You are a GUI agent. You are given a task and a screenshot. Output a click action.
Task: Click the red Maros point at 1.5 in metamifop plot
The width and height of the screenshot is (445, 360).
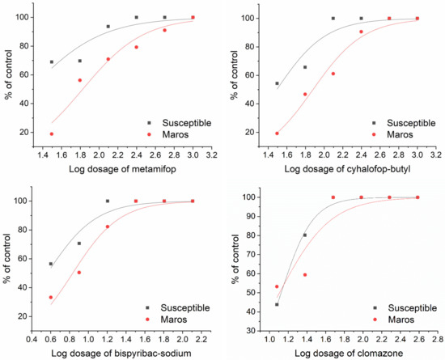(52, 134)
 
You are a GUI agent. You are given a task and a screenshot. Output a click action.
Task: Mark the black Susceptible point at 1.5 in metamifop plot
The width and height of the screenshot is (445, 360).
(52, 62)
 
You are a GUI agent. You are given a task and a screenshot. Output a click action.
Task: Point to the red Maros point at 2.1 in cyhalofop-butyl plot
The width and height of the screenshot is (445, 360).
(333, 74)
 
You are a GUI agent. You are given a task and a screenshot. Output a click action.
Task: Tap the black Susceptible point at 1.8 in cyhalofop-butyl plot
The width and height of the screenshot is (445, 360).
(305, 67)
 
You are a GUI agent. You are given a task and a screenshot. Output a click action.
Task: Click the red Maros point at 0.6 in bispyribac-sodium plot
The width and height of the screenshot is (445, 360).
(51, 298)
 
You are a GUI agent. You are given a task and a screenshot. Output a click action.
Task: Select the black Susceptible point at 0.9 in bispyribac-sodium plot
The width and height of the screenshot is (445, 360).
(78, 244)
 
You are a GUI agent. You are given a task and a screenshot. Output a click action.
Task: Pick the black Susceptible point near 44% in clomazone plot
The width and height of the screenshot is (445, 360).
(278, 304)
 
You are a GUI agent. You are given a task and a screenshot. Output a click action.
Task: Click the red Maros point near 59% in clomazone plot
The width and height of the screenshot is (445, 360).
(305, 275)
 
